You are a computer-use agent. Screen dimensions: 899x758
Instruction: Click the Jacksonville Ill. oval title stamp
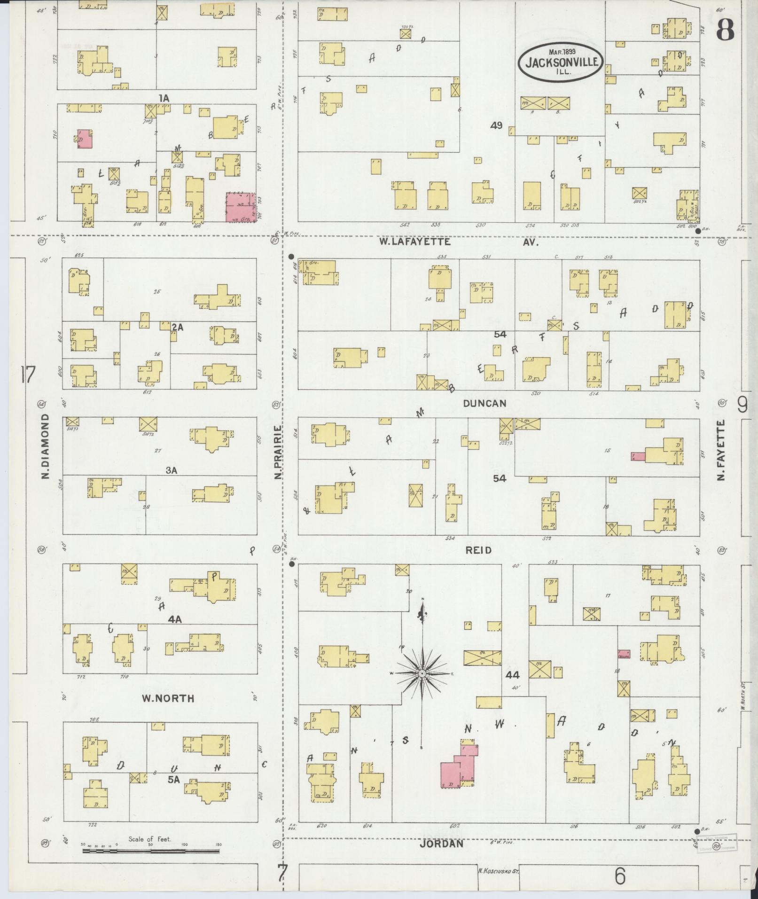coord(561,63)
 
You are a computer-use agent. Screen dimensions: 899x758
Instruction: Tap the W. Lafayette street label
coord(415,242)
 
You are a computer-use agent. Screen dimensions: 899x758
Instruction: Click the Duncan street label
coord(484,403)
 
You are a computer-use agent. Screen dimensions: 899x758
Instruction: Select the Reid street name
coord(478,550)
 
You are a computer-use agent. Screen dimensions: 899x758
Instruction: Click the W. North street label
coord(168,698)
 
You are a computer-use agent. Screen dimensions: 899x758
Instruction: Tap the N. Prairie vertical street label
coord(278,452)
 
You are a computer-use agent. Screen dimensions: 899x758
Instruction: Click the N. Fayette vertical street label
coord(721,450)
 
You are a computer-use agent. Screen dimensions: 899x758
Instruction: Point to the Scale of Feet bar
coord(150,851)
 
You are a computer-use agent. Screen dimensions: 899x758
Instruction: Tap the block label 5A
coord(174,780)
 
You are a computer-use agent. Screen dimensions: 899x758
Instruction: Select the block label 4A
coord(175,619)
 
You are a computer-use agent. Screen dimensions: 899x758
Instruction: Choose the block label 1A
coord(163,98)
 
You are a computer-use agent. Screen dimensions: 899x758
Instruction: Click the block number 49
coord(496,125)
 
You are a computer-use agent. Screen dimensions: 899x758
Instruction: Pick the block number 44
coord(513,675)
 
